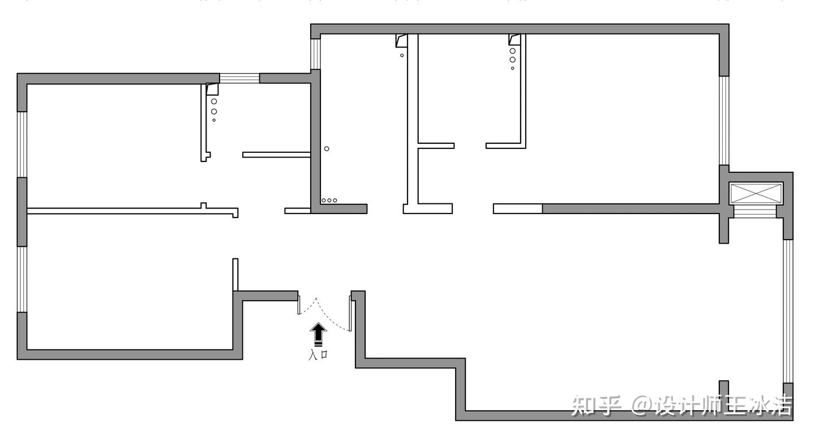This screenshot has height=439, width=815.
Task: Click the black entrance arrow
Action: point(319,334)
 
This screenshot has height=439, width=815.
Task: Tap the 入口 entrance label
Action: point(318,355)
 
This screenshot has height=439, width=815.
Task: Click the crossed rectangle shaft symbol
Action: point(756,193)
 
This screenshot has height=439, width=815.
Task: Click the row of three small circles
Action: point(329,201)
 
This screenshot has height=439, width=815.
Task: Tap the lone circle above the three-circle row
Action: point(327,149)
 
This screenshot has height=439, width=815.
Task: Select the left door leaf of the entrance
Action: point(299,304)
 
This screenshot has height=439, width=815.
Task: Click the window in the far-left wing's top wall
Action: point(239,78)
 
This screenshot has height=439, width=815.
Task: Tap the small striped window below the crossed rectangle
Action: point(756,211)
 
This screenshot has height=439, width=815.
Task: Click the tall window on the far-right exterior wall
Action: point(788,312)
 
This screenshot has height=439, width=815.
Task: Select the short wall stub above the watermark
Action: point(723,387)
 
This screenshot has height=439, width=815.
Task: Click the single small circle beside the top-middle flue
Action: point(402,56)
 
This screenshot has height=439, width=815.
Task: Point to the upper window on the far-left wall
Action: point(22,144)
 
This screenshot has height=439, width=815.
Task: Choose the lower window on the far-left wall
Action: point(22,279)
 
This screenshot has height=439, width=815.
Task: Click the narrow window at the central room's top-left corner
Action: point(316,54)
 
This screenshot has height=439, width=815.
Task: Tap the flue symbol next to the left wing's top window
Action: point(212,89)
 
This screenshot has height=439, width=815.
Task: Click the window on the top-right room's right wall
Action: point(724,120)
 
